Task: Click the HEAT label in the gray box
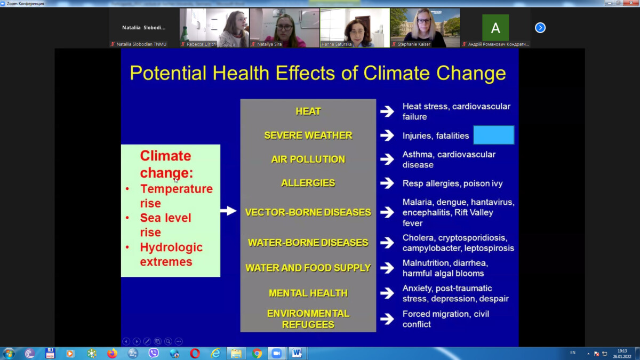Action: (308, 111)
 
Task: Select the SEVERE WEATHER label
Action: (308, 135)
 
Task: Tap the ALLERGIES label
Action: (308, 183)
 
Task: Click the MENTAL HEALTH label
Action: (308, 293)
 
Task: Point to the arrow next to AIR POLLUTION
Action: (387, 159)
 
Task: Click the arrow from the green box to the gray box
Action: (228, 211)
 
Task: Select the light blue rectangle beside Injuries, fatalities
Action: (494, 135)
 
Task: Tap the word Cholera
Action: (418, 238)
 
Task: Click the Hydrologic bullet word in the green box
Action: (171, 247)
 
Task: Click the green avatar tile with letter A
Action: (495, 28)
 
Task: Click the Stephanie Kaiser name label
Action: (414, 44)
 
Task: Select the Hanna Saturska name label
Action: (337, 44)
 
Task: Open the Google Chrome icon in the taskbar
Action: (257, 354)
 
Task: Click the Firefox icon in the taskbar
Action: (112, 354)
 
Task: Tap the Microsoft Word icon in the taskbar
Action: (297, 354)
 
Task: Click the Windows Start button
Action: (9, 354)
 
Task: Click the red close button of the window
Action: (631, 3)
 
